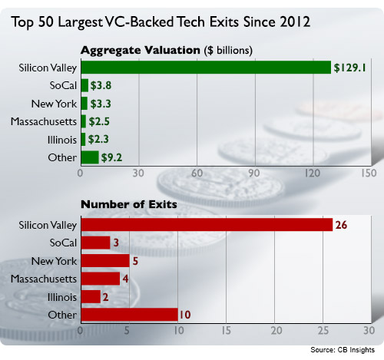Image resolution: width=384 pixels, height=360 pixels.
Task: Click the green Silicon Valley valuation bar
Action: pos(206,68)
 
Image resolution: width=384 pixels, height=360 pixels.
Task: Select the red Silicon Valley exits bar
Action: pos(207,225)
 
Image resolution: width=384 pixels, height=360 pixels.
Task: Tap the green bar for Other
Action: pos(90,157)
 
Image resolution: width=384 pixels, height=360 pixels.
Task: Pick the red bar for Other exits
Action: pos(130,315)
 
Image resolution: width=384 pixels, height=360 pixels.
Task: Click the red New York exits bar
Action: pos(105,261)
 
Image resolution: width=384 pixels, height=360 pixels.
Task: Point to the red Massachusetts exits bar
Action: pos(101,279)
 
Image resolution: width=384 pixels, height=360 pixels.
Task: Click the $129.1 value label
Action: pos(350,68)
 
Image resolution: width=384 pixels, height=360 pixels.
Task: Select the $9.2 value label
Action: pos(111,157)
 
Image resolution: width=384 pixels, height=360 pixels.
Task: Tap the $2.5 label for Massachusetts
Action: pos(99,121)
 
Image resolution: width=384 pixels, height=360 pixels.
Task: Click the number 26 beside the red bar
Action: pos(341,225)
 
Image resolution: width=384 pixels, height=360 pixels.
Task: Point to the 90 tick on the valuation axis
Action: pos(254,173)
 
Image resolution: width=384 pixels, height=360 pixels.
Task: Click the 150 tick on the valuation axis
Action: pos(369,173)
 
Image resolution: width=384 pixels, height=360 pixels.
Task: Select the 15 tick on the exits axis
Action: pos(227,331)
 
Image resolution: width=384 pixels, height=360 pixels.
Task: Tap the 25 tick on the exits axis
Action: pos(323,331)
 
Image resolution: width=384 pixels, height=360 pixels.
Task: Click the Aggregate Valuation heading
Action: pos(141,50)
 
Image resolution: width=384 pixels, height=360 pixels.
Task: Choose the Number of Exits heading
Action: pos(129,204)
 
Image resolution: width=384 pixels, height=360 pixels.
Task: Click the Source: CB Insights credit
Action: pos(343,350)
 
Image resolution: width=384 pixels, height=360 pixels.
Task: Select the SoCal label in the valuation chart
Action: pos(63,85)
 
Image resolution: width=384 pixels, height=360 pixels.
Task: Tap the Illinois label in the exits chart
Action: pos(62,297)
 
